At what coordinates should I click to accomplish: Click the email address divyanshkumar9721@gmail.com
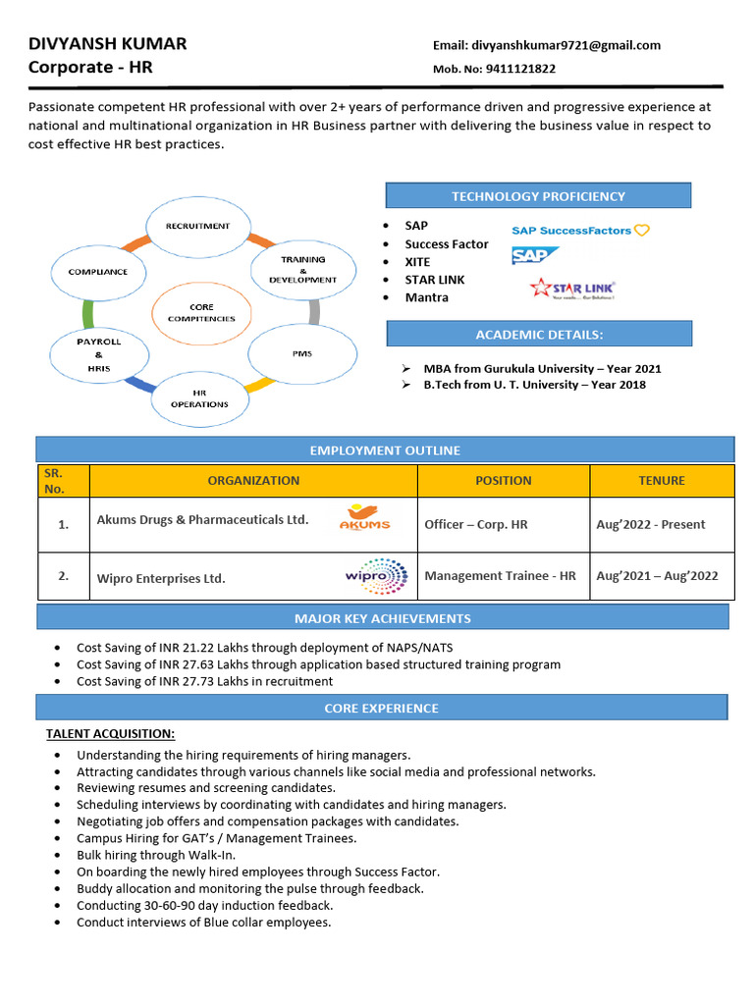click(x=565, y=45)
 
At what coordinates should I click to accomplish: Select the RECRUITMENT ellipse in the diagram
click(x=197, y=226)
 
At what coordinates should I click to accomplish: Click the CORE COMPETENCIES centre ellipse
click(x=201, y=313)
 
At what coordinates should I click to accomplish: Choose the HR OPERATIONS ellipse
click(x=199, y=397)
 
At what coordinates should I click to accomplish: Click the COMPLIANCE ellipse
click(x=98, y=272)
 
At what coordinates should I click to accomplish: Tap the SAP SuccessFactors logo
click(x=580, y=231)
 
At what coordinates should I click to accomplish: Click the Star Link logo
click(x=572, y=288)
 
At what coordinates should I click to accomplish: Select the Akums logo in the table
click(x=364, y=517)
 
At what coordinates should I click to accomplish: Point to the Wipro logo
click(x=375, y=576)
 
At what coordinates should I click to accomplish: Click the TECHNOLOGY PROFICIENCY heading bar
click(x=538, y=196)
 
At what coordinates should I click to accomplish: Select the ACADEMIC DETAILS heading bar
click(x=538, y=335)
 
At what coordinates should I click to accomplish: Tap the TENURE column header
click(x=662, y=481)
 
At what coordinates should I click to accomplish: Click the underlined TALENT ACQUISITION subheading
click(x=110, y=733)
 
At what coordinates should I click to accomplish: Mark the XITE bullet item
click(x=417, y=262)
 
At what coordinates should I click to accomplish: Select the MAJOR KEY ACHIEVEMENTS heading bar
click(x=383, y=618)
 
